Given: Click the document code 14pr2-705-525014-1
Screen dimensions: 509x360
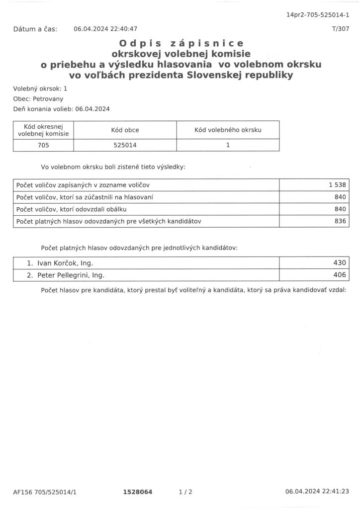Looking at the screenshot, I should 317,15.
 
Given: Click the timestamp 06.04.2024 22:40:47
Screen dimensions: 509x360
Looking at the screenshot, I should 105,29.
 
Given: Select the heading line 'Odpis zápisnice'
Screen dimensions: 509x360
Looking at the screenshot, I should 181,43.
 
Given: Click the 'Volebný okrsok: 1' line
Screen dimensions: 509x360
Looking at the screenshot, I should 40,88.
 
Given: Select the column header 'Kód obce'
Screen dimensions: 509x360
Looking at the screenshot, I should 125,130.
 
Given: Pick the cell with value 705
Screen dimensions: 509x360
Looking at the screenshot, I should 43,145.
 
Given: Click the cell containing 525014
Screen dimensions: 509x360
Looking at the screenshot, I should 125,145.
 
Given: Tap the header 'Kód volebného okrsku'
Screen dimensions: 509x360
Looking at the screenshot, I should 228,130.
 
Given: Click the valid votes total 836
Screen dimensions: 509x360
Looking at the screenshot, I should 340,221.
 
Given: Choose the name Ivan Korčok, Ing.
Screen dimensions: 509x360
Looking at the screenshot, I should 65,263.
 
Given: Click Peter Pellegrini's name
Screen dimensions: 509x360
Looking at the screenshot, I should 71,275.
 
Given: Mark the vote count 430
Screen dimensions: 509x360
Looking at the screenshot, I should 340,263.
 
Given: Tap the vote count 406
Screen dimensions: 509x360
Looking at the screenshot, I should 340,275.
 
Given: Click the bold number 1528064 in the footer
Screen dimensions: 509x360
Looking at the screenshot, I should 138,492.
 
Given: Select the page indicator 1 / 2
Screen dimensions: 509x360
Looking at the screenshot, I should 185,492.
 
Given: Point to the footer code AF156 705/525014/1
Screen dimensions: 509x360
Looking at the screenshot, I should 45,492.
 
